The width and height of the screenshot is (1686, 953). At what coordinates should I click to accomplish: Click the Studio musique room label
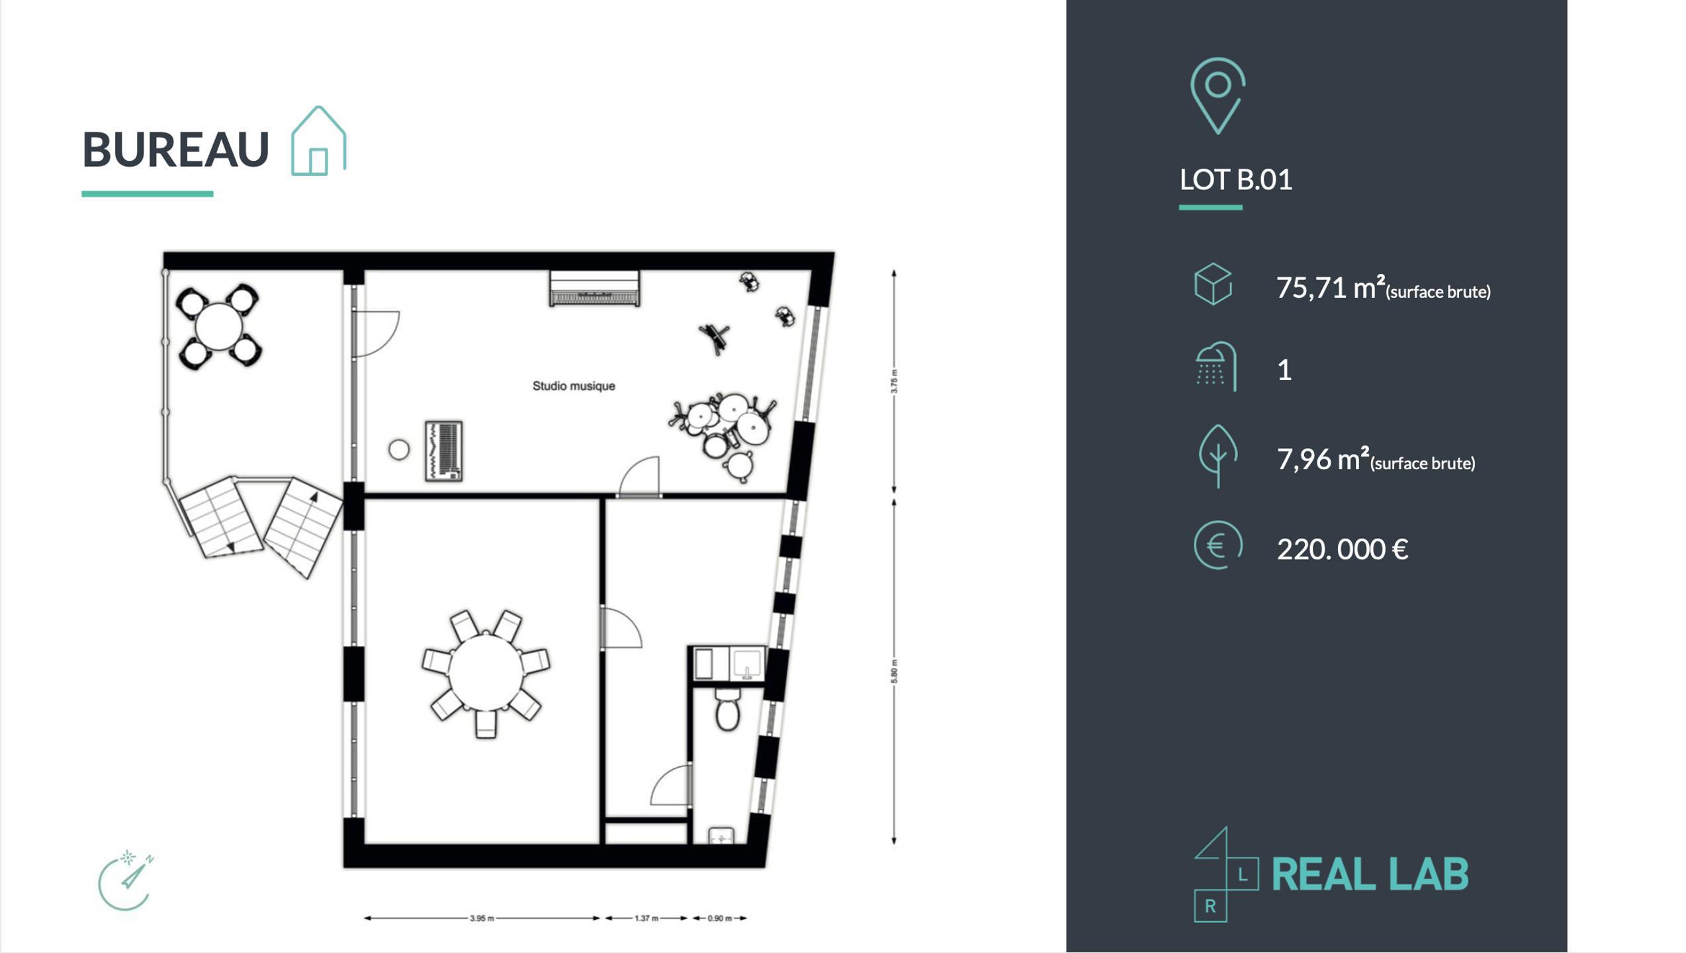pyautogui.click(x=574, y=386)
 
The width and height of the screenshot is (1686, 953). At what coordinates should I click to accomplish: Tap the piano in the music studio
pyautogui.click(x=594, y=289)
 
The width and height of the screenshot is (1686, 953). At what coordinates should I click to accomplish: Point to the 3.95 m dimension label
pyautogui.click(x=482, y=918)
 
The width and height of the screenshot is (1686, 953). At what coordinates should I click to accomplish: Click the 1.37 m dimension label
pyautogui.click(x=646, y=918)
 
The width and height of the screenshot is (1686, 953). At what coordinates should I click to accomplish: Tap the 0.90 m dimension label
pyautogui.click(x=720, y=918)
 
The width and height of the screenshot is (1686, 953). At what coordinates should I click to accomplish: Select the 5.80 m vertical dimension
pyautogui.click(x=894, y=672)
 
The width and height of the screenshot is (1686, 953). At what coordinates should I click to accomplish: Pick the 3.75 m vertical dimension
pyautogui.click(x=894, y=381)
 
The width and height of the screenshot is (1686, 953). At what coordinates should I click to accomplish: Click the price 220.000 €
pyautogui.click(x=1342, y=549)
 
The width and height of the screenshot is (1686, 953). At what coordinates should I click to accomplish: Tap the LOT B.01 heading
pyautogui.click(x=1235, y=180)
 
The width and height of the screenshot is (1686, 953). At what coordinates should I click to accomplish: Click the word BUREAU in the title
pyautogui.click(x=175, y=150)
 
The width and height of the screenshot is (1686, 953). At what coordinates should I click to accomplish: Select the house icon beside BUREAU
pyautogui.click(x=318, y=141)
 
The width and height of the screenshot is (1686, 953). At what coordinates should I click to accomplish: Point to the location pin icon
pyautogui.click(x=1218, y=96)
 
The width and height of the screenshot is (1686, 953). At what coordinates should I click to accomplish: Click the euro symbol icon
pyautogui.click(x=1218, y=545)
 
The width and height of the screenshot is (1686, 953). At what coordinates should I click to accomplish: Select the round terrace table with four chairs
pyautogui.click(x=218, y=326)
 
